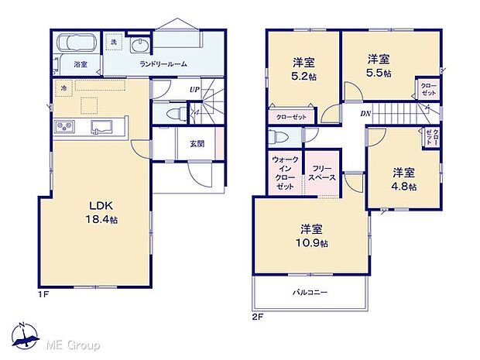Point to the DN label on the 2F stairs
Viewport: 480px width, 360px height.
(365, 114)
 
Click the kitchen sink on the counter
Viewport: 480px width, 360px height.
(101, 127)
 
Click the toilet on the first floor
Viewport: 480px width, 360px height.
(176, 113)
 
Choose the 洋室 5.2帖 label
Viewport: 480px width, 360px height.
(303, 68)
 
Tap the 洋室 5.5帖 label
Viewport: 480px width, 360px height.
(379, 65)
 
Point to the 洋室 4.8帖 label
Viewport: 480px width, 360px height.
(403, 179)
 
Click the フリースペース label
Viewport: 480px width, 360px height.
(321, 173)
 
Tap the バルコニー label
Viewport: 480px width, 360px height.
(308, 293)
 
